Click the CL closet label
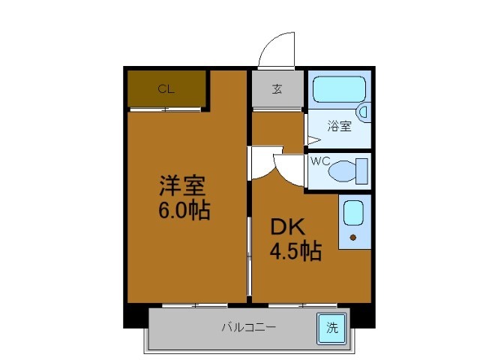click(166, 88)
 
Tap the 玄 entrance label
click(277, 89)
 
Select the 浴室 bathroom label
click(339, 126)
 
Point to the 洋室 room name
click(182, 185)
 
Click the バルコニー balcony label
click(248, 327)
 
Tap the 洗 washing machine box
click(331, 326)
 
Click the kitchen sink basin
click(353, 213)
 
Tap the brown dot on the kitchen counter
click(354, 238)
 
